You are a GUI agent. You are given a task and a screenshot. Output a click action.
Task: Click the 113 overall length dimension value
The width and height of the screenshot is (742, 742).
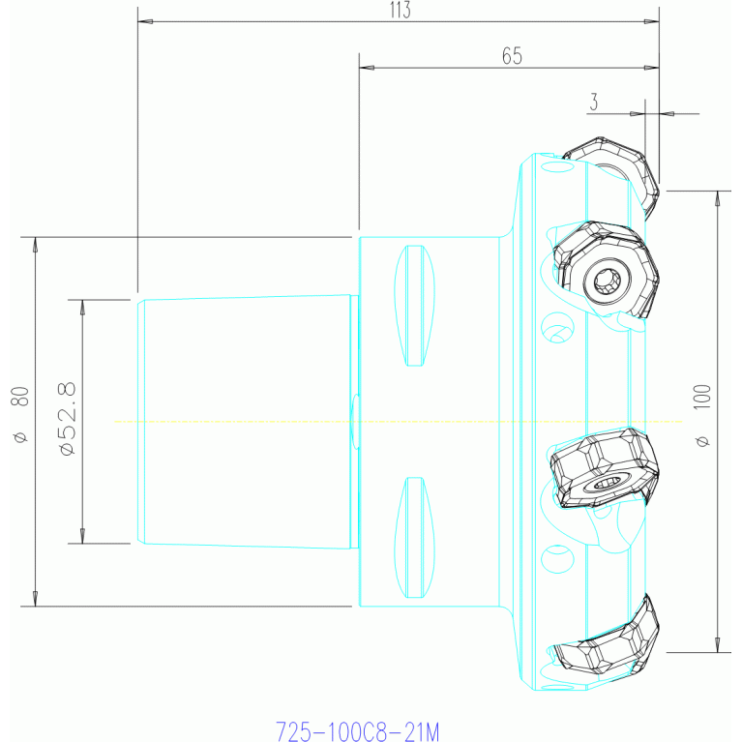click(x=400, y=10)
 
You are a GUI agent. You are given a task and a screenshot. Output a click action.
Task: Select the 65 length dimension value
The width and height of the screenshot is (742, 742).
click(x=512, y=56)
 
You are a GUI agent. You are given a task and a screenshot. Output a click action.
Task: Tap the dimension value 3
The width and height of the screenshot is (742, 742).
click(x=594, y=102)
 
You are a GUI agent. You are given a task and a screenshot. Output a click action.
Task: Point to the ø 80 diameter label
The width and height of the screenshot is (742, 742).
click(x=20, y=415)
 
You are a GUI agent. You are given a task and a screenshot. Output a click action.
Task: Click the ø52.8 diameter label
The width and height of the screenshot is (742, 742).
click(x=67, y=418)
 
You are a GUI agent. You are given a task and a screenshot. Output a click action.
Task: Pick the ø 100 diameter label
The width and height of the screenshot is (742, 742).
click(x=702, y=415)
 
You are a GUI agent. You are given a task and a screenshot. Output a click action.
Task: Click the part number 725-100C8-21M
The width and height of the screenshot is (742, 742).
click(x=357, y=731)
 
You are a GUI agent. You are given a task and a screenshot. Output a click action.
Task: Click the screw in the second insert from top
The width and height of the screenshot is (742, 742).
click(x=608, y=282)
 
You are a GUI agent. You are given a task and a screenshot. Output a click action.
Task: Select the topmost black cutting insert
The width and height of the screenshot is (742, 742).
click(x=611, y=176)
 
